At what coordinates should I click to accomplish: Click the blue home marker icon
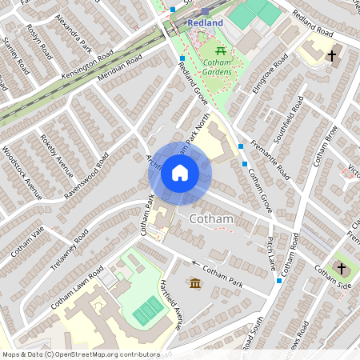coord(180,173)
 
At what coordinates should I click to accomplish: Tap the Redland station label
coord(205,23)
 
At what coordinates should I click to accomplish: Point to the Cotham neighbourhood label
coord(211,218)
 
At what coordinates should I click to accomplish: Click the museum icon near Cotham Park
coord(195,282)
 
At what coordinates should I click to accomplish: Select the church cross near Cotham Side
coord(342,268)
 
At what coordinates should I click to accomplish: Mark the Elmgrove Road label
coord(269,77)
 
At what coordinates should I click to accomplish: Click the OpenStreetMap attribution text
coord(81,354)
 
